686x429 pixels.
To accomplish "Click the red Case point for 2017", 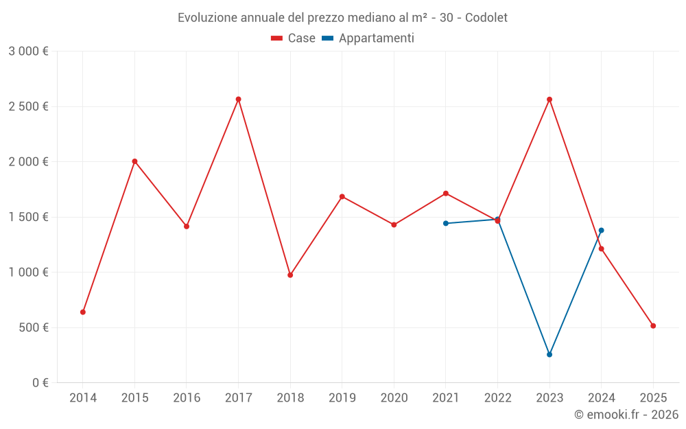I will point(238,100).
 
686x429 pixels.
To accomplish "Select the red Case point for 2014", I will point(83,312).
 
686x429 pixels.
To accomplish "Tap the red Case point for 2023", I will point(549,100).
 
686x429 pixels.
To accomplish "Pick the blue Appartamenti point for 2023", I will point(549,355).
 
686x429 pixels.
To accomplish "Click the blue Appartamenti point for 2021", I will point(446,223).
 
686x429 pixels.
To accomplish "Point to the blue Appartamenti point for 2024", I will point(602,231).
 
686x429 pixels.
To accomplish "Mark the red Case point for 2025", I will point(653,326).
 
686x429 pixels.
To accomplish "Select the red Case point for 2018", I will point(290,275).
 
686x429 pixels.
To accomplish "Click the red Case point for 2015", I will point(134,161).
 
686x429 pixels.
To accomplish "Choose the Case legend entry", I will point(293,38).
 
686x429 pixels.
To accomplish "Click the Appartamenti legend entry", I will point(368,38).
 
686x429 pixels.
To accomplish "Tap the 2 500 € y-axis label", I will point(29,106).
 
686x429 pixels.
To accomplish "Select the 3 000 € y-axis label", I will point(29,51).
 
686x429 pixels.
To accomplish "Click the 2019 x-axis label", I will point(342,397).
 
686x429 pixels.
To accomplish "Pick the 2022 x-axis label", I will point(497,397).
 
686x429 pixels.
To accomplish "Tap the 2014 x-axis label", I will point(83,397).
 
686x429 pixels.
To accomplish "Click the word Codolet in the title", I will point(486,18).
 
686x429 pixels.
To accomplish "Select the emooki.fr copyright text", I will point(626,415).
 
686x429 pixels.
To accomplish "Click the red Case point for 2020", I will point(394,225).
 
